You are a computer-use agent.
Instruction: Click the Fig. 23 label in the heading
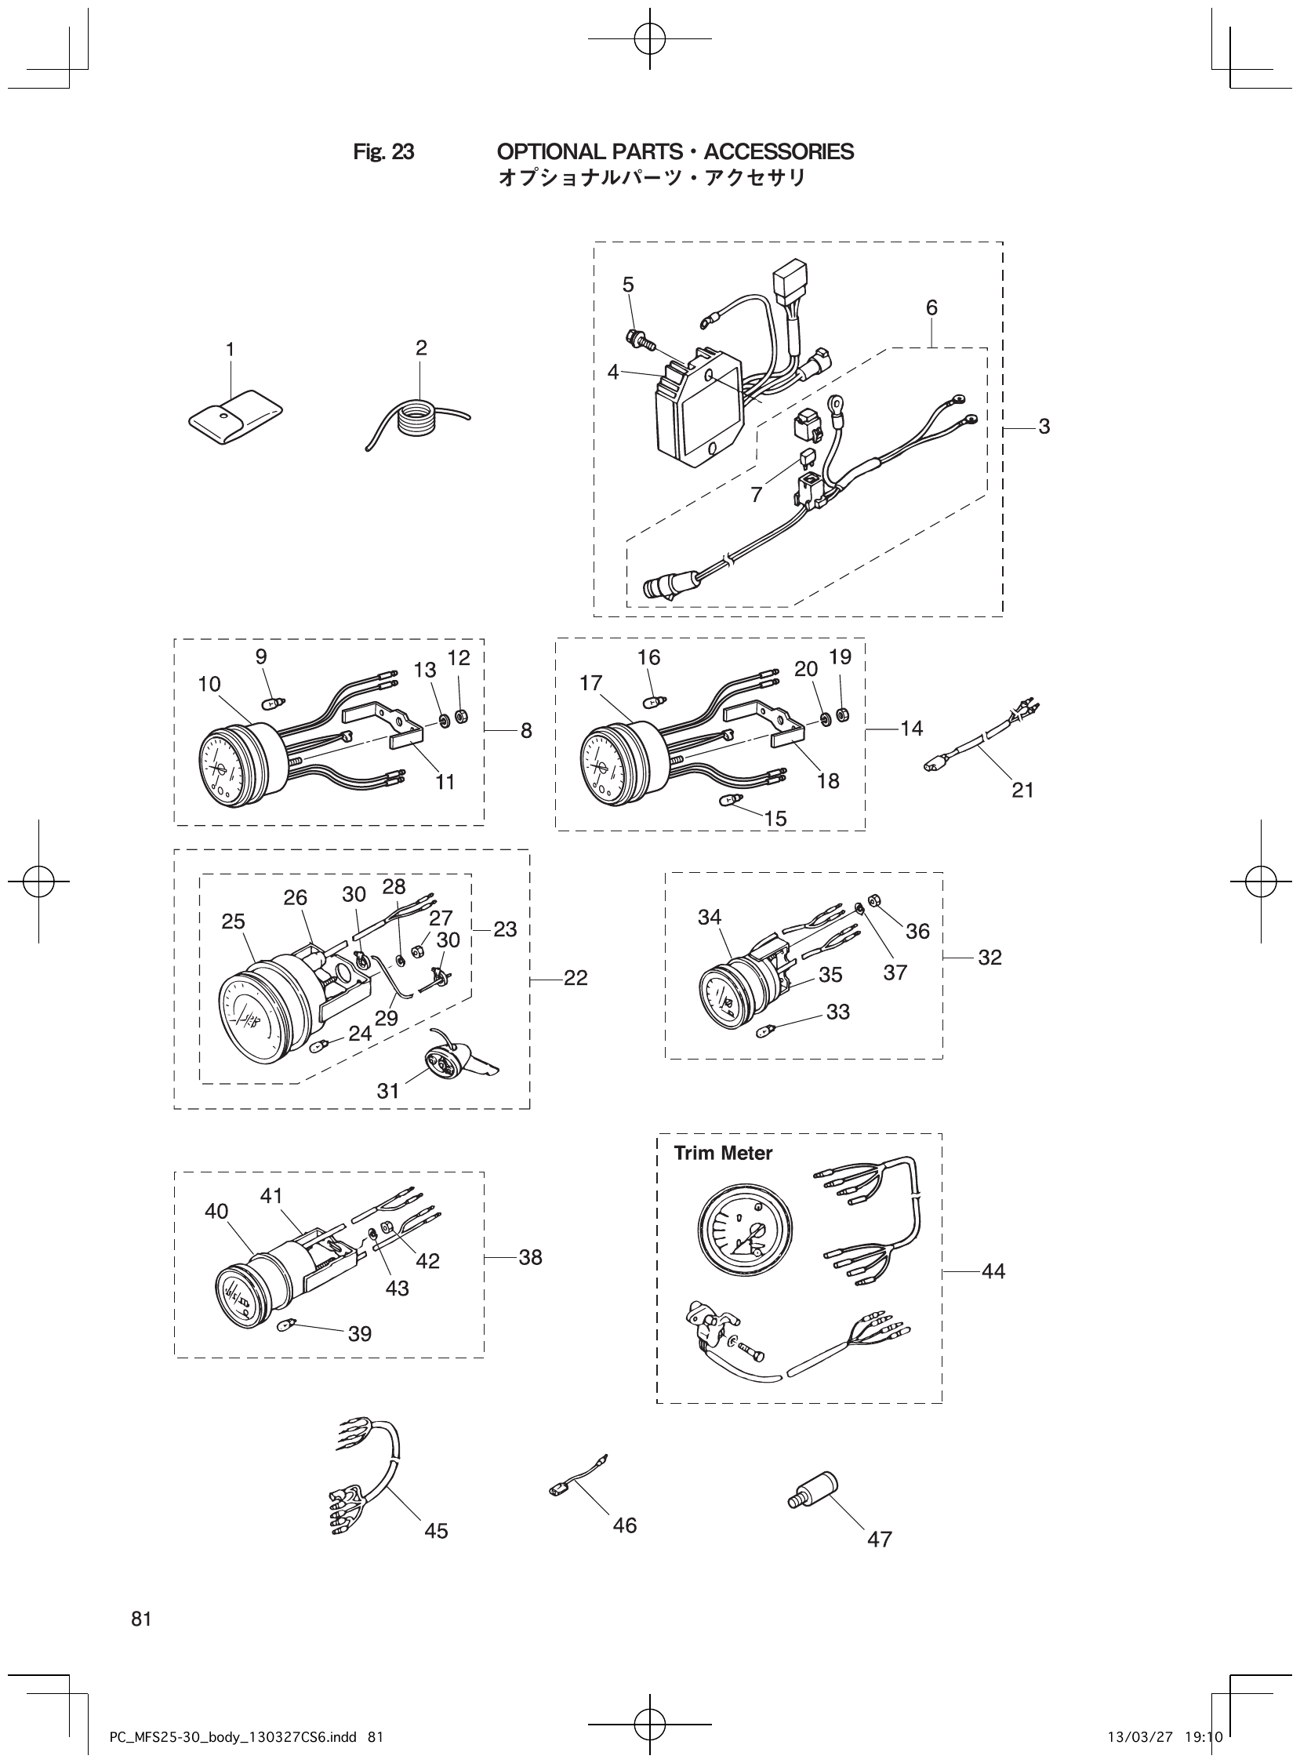pyautogui.click(x=383, y=152)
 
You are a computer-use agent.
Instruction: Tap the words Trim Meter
pyautogui.click(x=722, y=1153)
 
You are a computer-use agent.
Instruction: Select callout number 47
pyautogui.click(x=879, y=1539)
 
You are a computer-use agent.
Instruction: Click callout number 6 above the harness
pyautogui.click(x=931, y=307)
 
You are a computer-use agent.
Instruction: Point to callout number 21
pyautogui.click(x=1022, y=790)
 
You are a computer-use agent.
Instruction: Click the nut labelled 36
pyautogui.click(x=873, y=900)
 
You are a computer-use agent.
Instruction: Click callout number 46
pyautogui.click(x=624, y=1525)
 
